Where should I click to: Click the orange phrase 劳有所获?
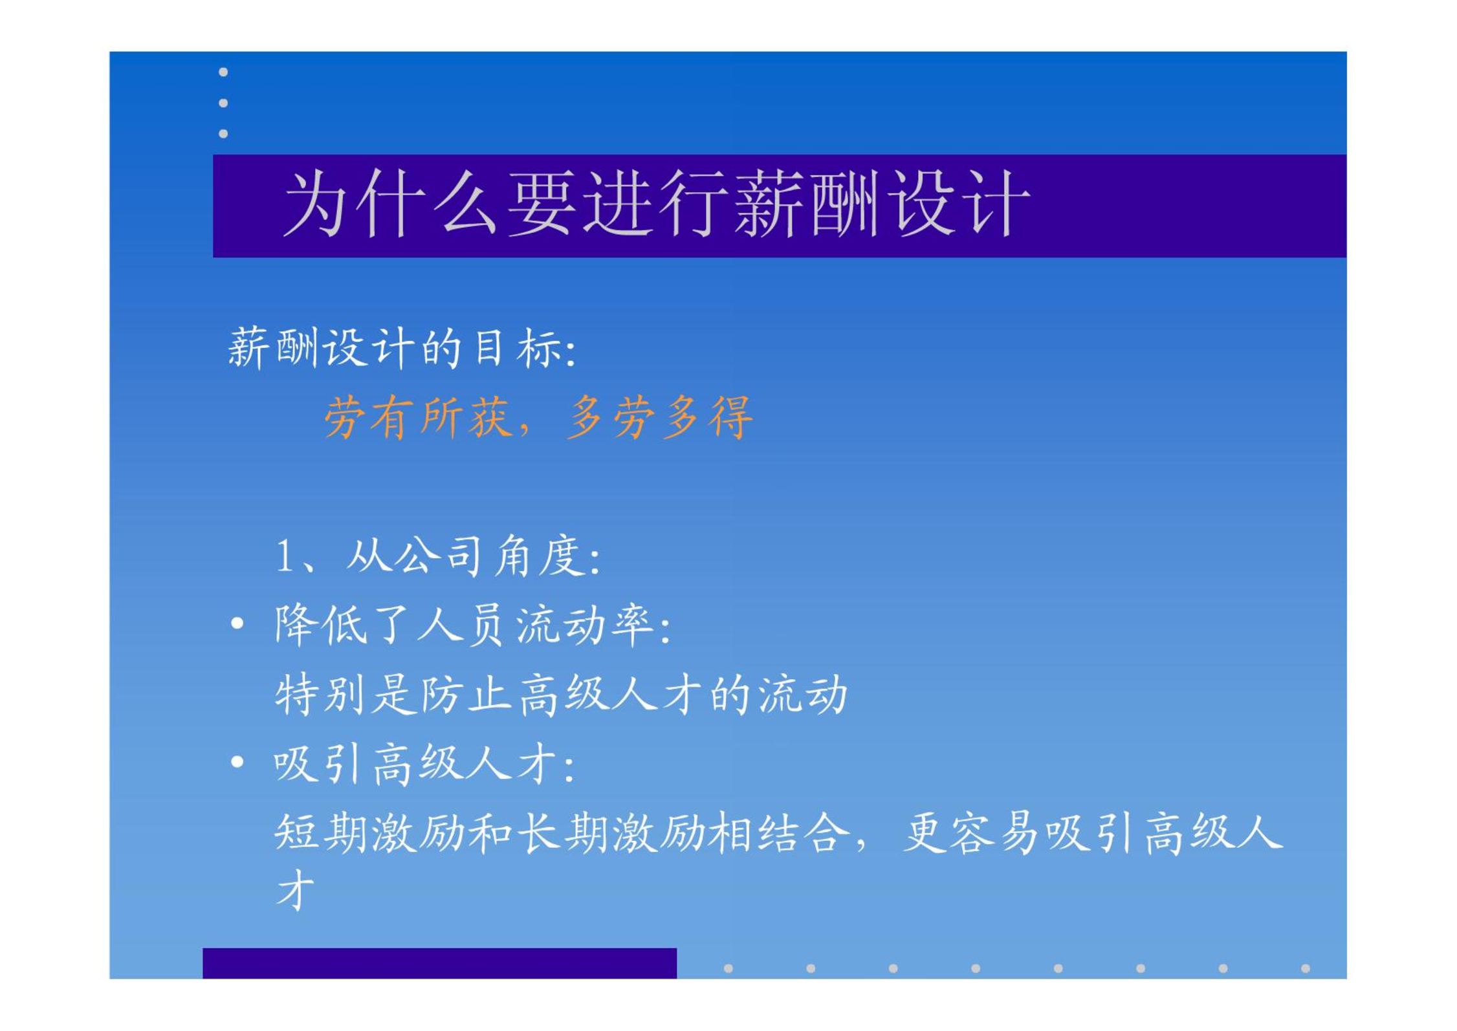pyautogui.click(x=418, y=417)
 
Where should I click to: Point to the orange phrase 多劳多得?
pyautogui.click(x=660, y=417)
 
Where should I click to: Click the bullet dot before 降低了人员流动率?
pyautogui.click(x=237, y=624)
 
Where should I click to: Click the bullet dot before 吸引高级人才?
pyautogui.click(x=237, y=762)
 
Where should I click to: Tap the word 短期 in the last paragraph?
pyautogui.click(x=322, y=833)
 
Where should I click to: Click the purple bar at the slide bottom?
pyautogui.click(x=440, y=963)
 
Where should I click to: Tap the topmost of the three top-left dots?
pyautogui.click(x=223, y=72)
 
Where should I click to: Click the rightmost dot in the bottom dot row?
pyautogui.click(x=1306, y=968)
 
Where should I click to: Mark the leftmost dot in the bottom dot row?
pyautogui.click(x=728, y=968)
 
